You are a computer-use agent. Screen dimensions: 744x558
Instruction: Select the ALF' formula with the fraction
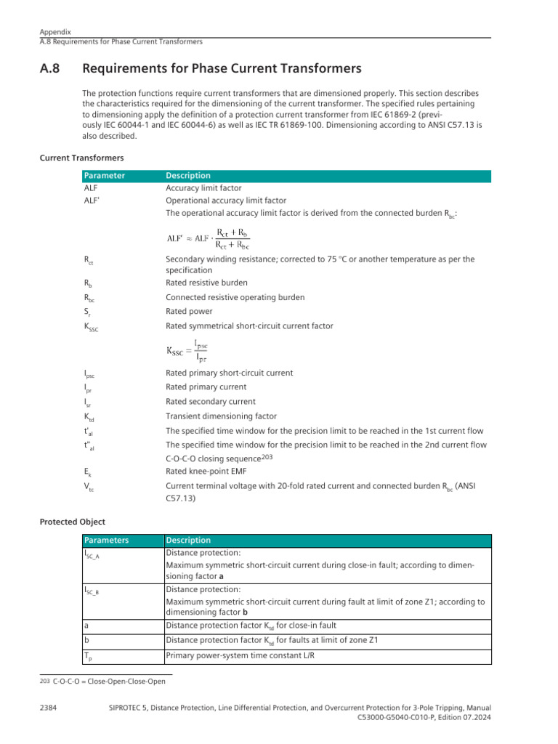[208, 238]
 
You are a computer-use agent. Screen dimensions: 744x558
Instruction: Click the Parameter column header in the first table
[105, 176]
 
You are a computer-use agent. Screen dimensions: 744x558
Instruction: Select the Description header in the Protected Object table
[188, 541]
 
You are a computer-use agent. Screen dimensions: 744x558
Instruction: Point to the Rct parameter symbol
[89, 260]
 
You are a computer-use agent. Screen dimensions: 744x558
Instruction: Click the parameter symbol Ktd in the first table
[89, 417]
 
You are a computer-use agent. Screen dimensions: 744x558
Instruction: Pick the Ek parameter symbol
[88, 472]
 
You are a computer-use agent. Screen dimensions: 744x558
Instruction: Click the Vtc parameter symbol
[89, 486]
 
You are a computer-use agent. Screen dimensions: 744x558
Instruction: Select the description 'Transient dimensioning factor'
[221, 416]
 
